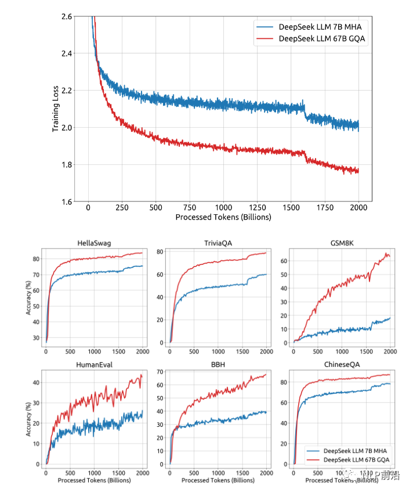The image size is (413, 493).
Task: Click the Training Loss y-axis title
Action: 56,109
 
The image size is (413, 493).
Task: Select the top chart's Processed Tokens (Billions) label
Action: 223,217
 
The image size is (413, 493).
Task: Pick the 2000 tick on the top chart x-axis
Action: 358,207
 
